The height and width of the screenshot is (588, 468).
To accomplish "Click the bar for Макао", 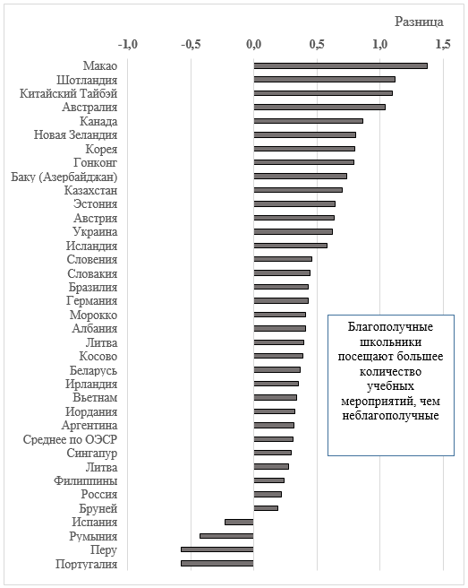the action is click(x=340, y=66).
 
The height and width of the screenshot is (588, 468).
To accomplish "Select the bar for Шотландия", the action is click(x=324, y=80).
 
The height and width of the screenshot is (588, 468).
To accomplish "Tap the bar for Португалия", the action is click(x=217, y=563).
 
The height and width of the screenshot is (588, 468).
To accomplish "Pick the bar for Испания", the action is click(x=239, y=522).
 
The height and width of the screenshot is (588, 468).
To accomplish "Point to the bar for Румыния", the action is click(x=226, y=536).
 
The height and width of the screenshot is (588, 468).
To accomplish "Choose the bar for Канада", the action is click(x=308, y=121).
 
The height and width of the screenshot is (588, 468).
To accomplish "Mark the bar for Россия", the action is click(x=268, y=494).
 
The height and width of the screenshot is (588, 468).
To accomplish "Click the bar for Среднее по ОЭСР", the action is click(x=273, y=439).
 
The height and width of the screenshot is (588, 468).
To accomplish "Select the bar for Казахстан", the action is click(x=298, y=190).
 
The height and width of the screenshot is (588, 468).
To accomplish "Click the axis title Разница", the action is click(x=419, y=22).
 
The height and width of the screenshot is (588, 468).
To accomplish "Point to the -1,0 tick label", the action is click(x=128, y=45).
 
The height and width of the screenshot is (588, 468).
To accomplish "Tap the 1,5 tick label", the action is click(x=443, y=45).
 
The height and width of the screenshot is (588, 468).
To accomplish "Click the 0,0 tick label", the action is click(x=253, y=45).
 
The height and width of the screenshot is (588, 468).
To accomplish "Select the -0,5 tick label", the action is click(x=191, y=45).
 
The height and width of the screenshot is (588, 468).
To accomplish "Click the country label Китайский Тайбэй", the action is click(x=69, y=93).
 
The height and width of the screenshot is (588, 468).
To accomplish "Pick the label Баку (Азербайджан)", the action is click(x=64, y=177).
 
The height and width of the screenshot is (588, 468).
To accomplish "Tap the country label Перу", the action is click(x=104, y=550).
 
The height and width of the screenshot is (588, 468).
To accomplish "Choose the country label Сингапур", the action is click(x=92, y=453).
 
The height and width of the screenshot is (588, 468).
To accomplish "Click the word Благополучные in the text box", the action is click(x=390, y=327).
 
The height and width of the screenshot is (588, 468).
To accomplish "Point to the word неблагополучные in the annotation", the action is click(x=390, y=416).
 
